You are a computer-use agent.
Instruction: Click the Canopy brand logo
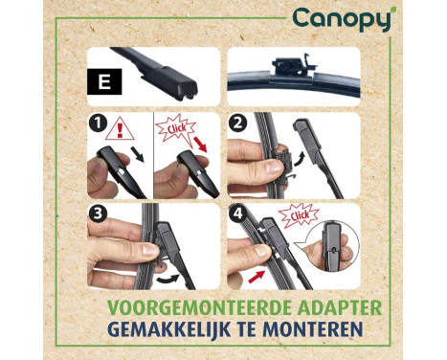pyautogui.click(x=342, y=19)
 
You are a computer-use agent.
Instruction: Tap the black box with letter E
pyautogui.click(x=104, y=81)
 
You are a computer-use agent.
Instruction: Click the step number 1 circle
pyautogui.click(x=98, y=123)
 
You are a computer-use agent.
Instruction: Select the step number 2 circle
pyautogui.click(x=237, y=123)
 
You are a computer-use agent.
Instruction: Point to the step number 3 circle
pyautogui.click(x=98, y=214)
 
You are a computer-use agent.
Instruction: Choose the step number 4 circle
pyautogui.click(x=237, y=214)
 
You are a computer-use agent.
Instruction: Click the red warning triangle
pyautogui.click(x=120, y=129)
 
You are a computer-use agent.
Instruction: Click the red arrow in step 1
pyautogui.click(x=200, y=145)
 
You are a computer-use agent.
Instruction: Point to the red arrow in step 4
pyautogui.click(x=257, y=277)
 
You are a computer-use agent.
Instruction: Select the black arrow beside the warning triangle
pyautogui.click(x=138, y=154)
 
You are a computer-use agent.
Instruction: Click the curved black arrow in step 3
pyautogui.click(x=168, y=279)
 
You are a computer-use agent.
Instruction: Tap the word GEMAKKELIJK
pyautogui.click(x=169, y=329)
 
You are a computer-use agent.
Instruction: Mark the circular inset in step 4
pyautogui.click(x=331, y=246)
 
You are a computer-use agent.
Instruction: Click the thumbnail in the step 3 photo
pyautogui.click(x=150, y=249)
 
